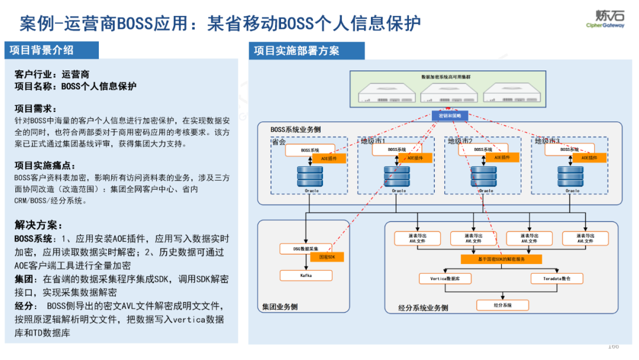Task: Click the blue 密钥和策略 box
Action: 450,115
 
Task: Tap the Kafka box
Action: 306,275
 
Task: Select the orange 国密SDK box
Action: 327,258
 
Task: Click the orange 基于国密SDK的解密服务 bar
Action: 501,259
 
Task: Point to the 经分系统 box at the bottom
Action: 502,305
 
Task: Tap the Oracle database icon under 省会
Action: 311,176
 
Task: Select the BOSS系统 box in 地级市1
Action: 397,150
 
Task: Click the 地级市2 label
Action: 460,141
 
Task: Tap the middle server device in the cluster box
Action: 451,92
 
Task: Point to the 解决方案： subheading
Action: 38,225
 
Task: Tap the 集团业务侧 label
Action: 280,307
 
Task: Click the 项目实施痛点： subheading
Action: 45,166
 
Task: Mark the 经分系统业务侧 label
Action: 424,308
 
